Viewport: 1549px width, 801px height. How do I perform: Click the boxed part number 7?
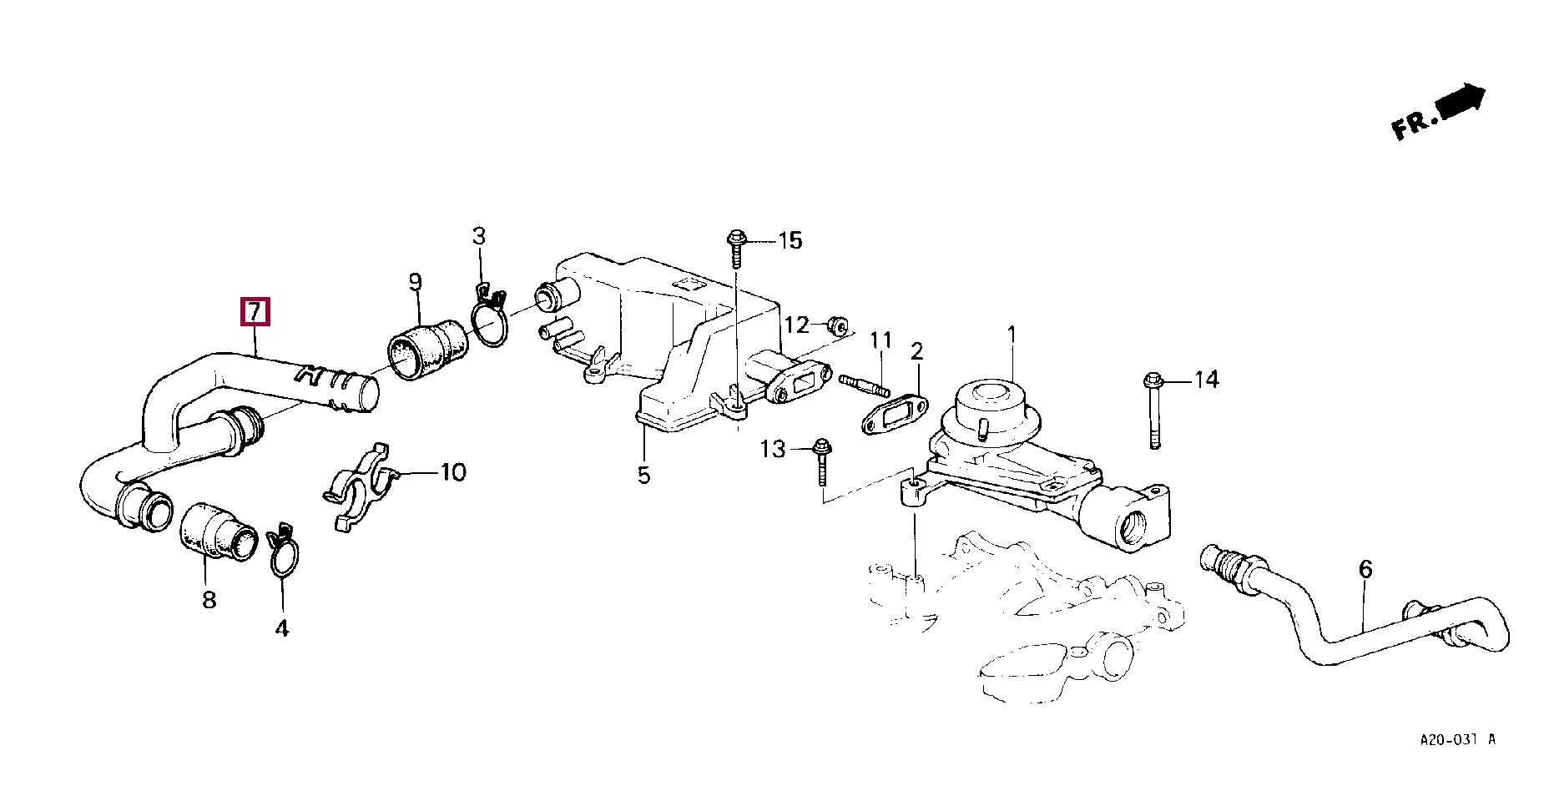[x=255, y=312]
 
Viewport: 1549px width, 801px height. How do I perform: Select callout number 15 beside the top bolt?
[x=790, y=241]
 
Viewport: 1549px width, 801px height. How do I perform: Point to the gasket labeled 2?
[x=891, y=416]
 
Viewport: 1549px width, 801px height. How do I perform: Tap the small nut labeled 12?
[x=836, y=323]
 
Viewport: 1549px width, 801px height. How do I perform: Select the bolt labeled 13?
[x=821, y=461]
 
